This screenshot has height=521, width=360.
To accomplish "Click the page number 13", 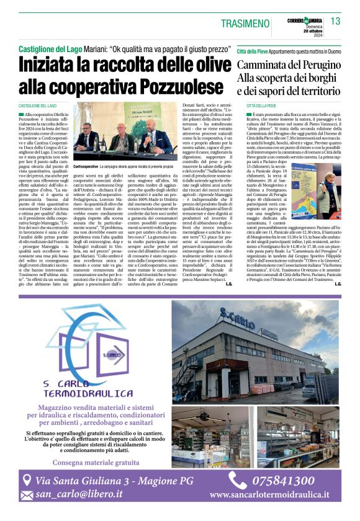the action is coord(335,21).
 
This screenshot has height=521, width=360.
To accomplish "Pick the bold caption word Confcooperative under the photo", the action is coord(86,167).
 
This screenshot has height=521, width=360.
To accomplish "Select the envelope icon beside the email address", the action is coord(27,495).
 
